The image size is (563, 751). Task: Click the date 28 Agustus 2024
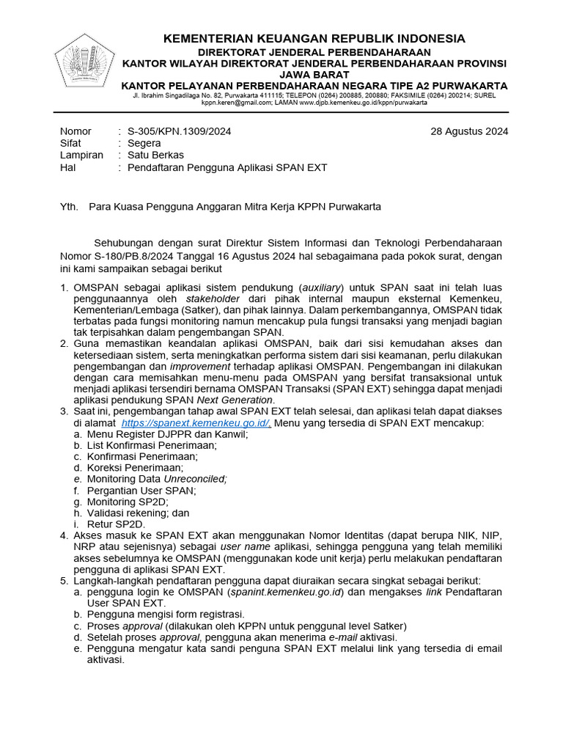pyautogui.click(x=468, y=131)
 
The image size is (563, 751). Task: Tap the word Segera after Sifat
pyautogui.click(x=144, y=143)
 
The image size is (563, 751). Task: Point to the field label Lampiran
pyautogui.click(x=81, y=155)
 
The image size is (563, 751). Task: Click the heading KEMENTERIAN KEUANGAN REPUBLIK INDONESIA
pyautogui.click(x=314, y=38)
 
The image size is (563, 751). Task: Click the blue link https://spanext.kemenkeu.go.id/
pyautogui.click(x=196, y=423)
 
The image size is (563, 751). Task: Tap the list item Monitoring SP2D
pyautogui.click(x=127, y=502)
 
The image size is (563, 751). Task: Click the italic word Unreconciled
pyautogui.click(x=195, y=479)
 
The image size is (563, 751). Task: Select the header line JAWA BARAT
pyautogui.click(x=314, y=74)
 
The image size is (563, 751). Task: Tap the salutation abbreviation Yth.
pyautogui.click(x=68, y=207)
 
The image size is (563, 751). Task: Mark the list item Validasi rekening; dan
pyautogui.click(x=138, y=513)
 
